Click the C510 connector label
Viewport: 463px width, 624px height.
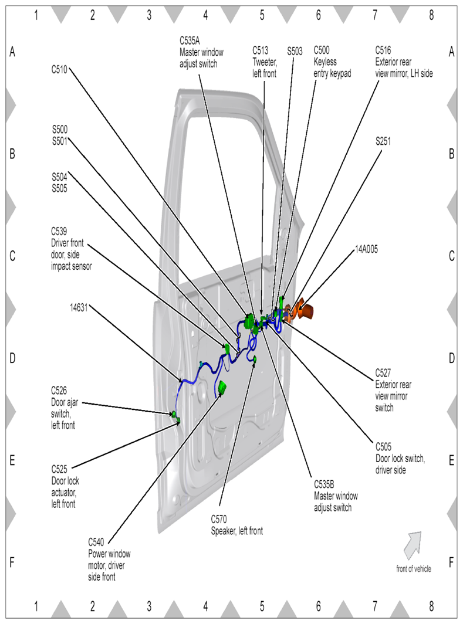point(59,68)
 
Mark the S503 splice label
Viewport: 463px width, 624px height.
point(295,51)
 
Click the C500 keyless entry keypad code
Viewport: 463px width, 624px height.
point(323,51)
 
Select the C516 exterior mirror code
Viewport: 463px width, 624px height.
point(385,51)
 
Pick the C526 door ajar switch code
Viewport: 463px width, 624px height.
point(60,389)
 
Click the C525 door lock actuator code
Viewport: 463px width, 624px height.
point(60,469)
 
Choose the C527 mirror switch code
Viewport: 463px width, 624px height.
point(385,372)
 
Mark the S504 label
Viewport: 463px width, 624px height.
point(60,176)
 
